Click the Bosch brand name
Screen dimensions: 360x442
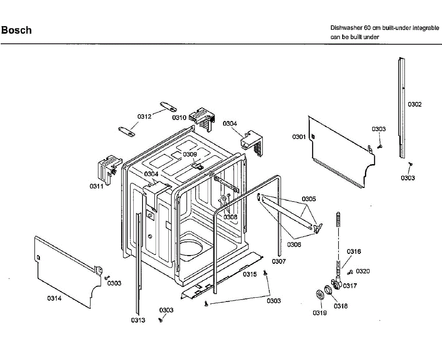[17, 30]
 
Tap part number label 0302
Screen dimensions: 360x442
[414, 104]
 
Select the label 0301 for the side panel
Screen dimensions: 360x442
[299, 137]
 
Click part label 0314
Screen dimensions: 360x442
[54, 298]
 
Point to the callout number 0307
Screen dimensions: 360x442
[279, 262]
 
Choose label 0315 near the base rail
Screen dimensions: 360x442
[249, 274]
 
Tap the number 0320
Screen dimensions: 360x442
[362, 271]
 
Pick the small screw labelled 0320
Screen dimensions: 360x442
[350, 272]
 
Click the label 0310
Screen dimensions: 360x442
[179, 118]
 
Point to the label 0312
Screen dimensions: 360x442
[145, 116]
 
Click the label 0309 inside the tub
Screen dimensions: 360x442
[190, 154]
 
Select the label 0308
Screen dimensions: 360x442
[230, 217]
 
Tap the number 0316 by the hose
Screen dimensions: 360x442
[354, 252]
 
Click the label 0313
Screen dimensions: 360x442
[138, 320]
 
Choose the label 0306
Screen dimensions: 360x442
[294, 245]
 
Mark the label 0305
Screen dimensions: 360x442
[309, 199]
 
